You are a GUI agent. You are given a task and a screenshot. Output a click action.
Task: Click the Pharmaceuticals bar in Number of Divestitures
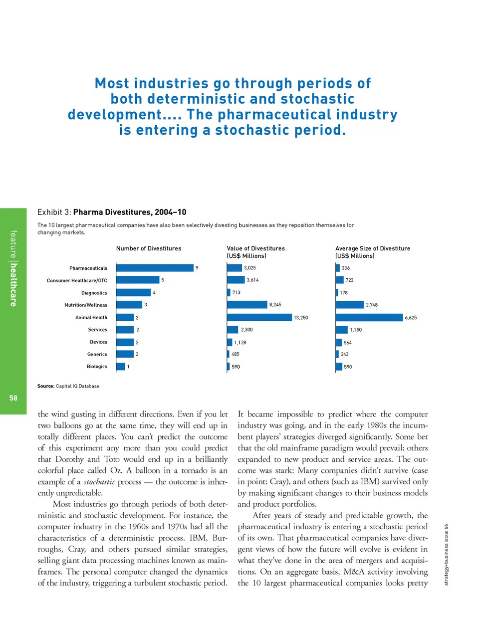[155, 268]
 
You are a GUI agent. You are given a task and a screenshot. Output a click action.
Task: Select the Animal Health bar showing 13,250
[259, 317]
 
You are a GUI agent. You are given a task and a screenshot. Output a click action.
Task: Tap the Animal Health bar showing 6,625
[369, 317]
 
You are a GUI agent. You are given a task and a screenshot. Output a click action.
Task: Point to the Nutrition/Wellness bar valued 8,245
[247, 305]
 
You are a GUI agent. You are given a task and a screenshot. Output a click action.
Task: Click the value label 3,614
[252, 280]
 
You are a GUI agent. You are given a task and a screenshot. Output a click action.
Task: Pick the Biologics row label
[97, 367]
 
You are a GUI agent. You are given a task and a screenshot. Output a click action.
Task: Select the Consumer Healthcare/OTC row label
[77, 281]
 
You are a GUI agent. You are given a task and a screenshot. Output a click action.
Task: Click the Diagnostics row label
[94, 293]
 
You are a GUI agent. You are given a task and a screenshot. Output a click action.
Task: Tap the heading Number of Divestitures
[149, 248]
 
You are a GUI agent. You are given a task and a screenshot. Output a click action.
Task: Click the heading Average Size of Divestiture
[373, 248]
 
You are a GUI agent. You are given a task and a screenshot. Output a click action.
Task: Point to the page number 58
[13, 398]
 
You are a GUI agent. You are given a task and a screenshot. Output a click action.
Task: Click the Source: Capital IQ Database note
[68, 386]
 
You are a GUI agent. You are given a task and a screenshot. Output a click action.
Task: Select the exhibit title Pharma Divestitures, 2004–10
[130, 212]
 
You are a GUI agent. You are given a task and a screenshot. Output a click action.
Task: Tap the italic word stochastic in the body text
[99, 482]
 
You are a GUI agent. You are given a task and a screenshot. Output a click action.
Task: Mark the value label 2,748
[372, 305]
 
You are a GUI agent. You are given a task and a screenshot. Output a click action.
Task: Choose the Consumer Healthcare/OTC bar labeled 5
[138, 280]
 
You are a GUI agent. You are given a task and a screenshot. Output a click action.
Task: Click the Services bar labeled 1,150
[342, 330]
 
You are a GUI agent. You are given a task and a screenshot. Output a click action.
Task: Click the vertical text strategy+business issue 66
[447, 555]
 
